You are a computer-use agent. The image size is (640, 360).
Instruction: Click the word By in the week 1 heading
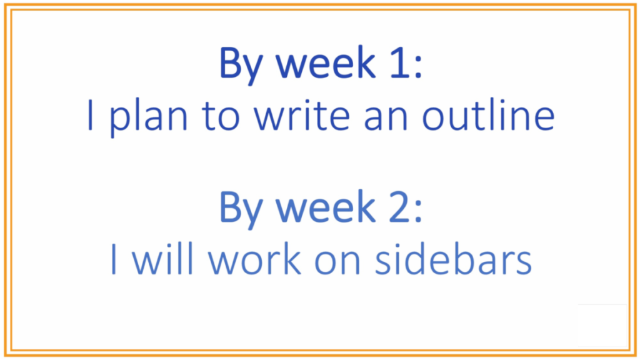241,65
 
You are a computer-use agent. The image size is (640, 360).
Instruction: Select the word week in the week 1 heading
325,63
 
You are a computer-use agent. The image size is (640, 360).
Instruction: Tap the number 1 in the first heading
399,63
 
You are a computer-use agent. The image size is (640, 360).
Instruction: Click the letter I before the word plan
90,116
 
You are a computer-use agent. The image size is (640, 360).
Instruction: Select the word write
302,115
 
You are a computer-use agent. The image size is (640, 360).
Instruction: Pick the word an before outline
386,120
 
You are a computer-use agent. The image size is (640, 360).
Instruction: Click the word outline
488,115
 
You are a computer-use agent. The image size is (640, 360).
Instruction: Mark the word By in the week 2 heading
241,209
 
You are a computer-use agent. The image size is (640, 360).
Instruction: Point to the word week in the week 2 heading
325,207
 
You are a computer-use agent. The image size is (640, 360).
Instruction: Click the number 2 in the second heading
399,207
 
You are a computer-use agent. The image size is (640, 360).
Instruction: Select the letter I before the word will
114,259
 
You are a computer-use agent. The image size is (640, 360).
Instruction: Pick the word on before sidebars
338,264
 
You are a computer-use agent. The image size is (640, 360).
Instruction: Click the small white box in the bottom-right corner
602,325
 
